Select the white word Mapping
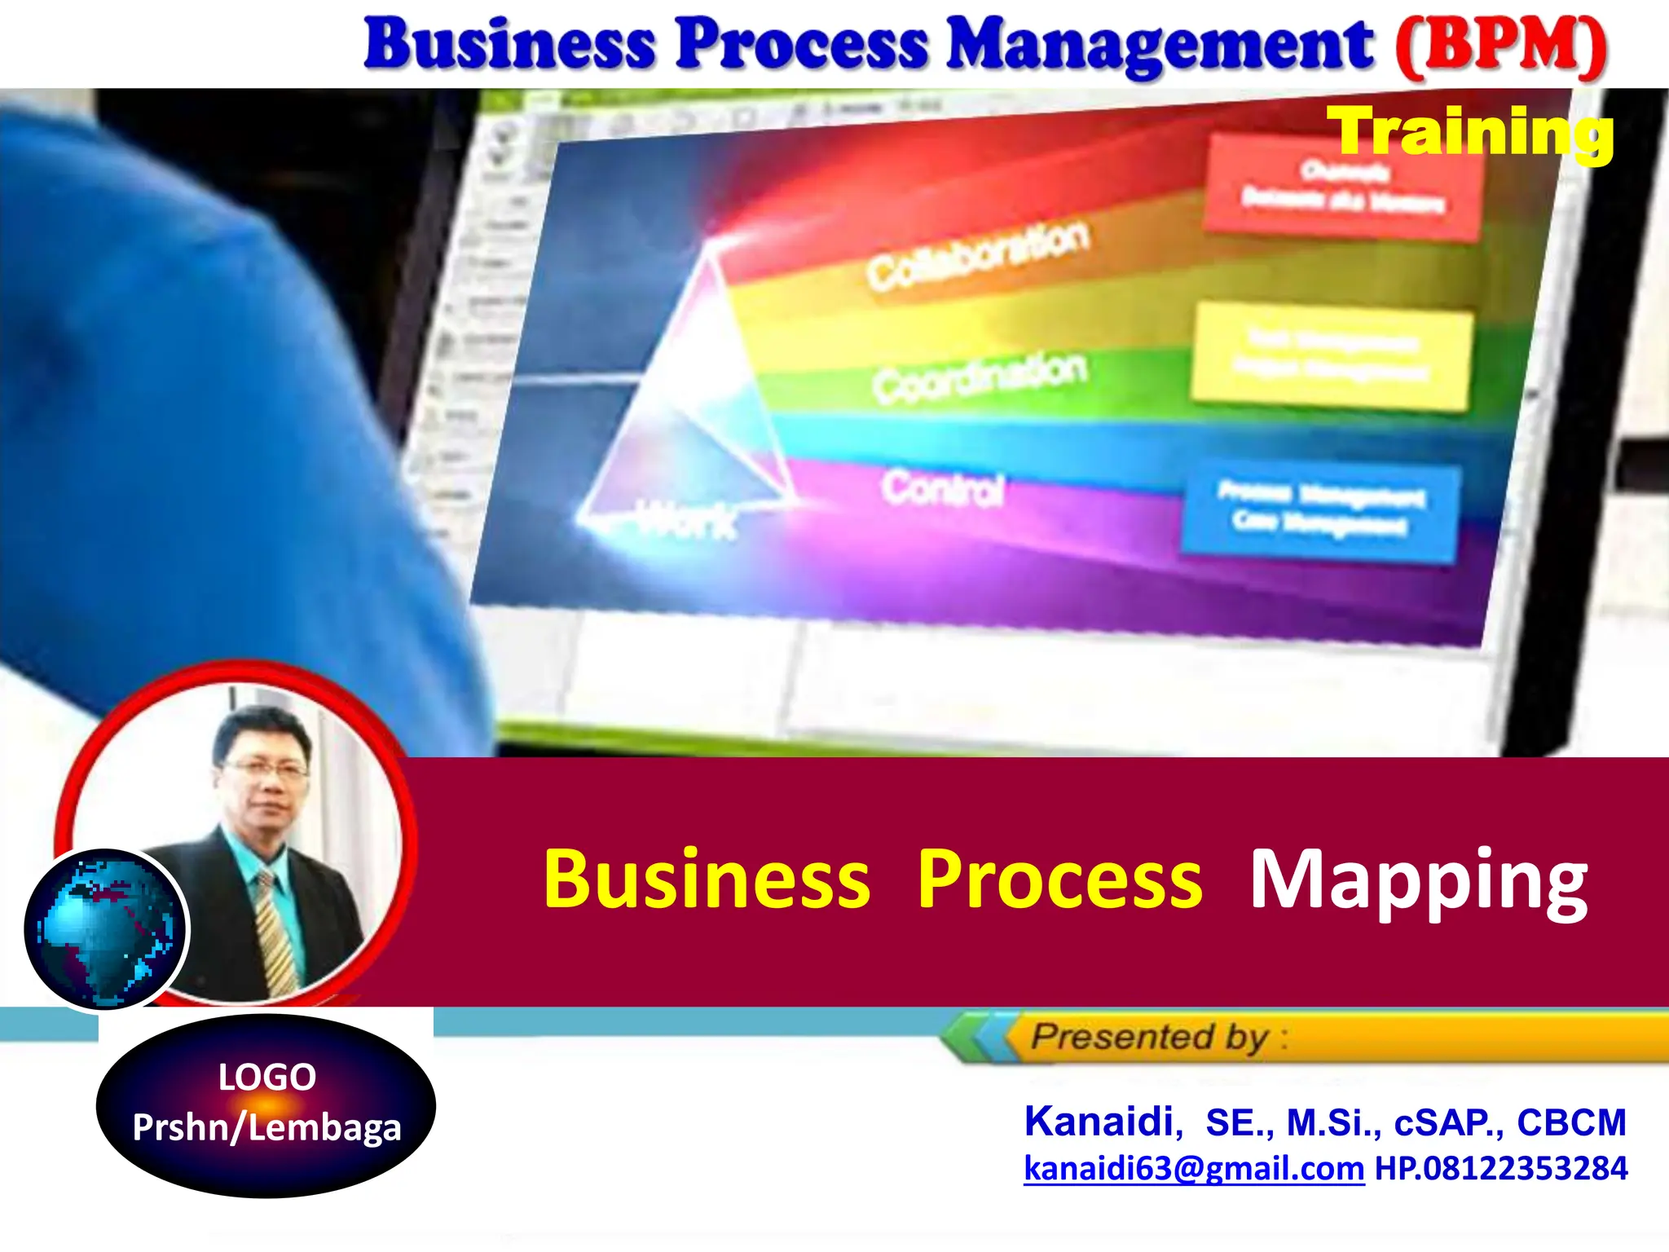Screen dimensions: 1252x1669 [x=1419, y=880]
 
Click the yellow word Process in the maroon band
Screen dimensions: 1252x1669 [x=1059, y=880]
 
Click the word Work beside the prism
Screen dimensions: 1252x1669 [x=685, y=519]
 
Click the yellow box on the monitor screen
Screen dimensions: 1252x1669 [x=1332, y=357]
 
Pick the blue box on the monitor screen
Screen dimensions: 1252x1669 [x=1320, y=511]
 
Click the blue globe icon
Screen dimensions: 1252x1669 [x=104, y=929]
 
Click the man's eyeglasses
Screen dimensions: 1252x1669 [x=265, y=768]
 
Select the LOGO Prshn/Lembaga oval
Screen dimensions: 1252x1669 [x=266, y=1105]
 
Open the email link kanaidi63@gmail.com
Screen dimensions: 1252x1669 [x=1194, y=1168]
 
